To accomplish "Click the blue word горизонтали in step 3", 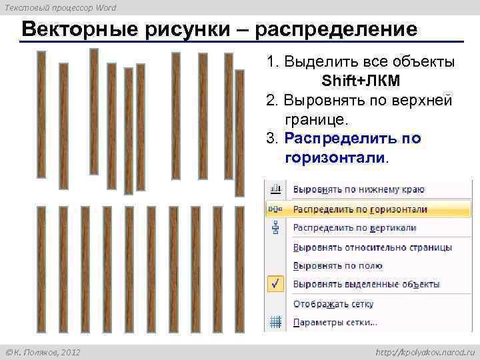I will (335, 158).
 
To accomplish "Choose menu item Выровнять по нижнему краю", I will (359, 189).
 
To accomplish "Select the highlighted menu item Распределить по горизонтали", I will (360, 209).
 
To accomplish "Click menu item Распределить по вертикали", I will (355, 227).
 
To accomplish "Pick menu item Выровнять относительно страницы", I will (373, 247).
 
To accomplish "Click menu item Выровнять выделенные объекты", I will (367, 284).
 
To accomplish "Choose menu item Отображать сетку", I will (333, 304).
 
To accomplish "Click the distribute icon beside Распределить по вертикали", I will (275, 227).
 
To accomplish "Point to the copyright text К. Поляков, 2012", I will (43, 351).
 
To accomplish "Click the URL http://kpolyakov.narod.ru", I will (423, 351).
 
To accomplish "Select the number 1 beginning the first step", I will (271, 62).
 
